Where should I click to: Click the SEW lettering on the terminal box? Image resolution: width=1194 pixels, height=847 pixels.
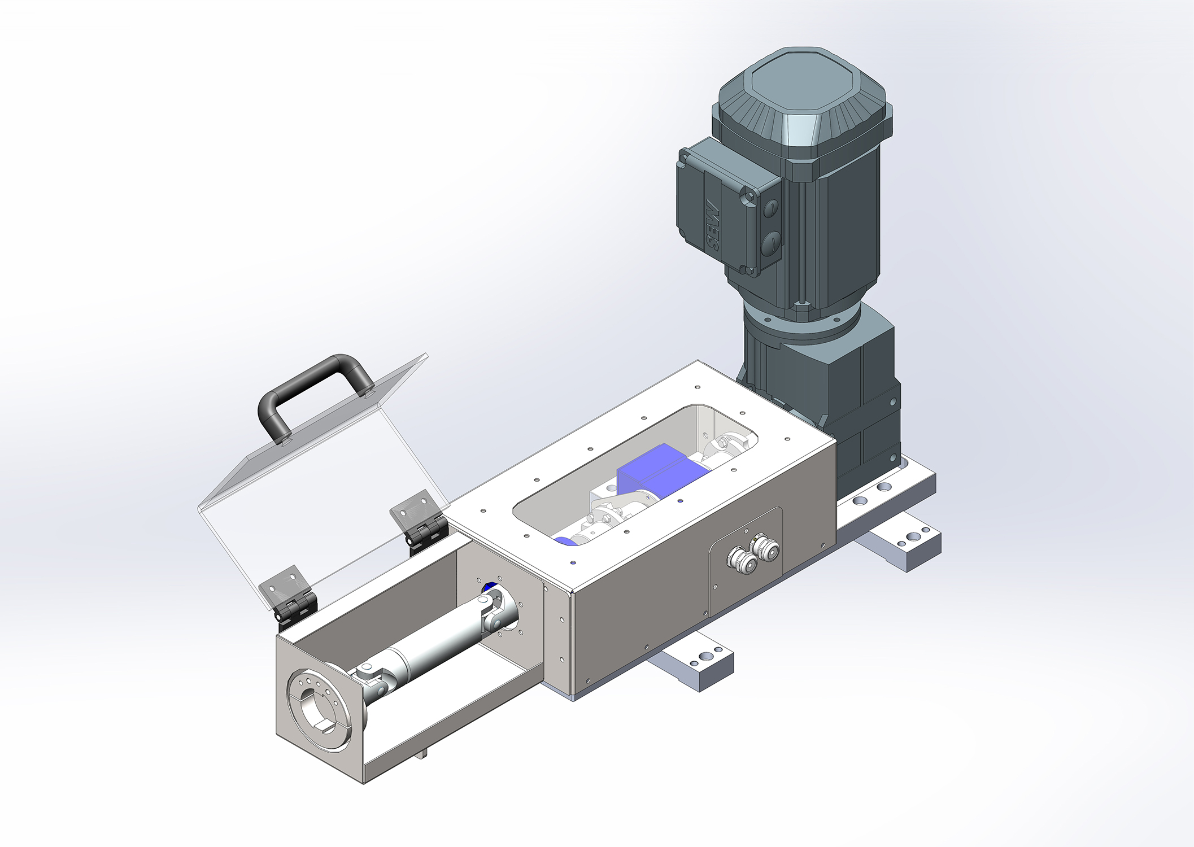712,226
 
